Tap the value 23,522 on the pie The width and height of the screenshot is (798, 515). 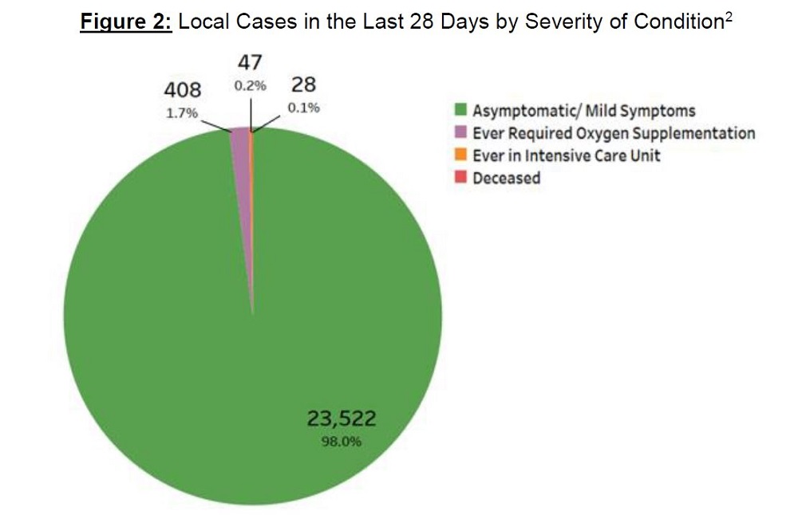coord(342,418)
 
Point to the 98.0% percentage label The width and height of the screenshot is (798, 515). coord(342,440)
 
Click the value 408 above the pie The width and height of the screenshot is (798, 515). coord(181,88)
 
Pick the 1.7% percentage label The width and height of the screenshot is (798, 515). coord(181,112)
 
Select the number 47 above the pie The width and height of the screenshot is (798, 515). coord(250,63)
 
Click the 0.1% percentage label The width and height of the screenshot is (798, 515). coord(303,108)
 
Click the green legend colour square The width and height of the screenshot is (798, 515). coord(461,110)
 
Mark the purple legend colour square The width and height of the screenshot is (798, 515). coord(461,132)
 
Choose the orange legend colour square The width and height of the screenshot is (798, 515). coord(461,155)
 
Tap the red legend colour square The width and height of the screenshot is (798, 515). coord(461,177)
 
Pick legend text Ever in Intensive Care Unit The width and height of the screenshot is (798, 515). coord(566,155)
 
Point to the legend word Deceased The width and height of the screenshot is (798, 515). coord(506,177)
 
